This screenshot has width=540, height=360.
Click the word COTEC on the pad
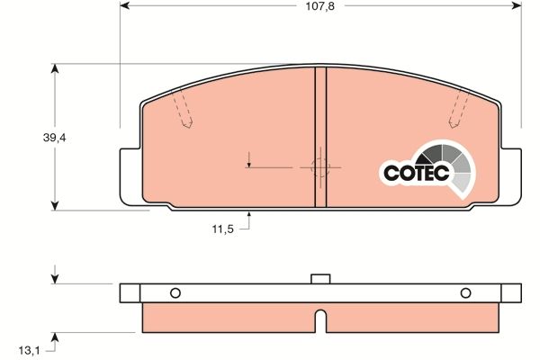tap(409, 173)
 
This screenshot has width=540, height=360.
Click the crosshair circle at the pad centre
tap(319, 166)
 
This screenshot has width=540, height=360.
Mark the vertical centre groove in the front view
tap(320, 135)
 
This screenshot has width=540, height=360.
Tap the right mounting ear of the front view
tap(511, 175)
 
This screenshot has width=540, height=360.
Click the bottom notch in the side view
tap(319, 319)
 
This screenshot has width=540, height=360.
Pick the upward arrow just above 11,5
tap(249, 217)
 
